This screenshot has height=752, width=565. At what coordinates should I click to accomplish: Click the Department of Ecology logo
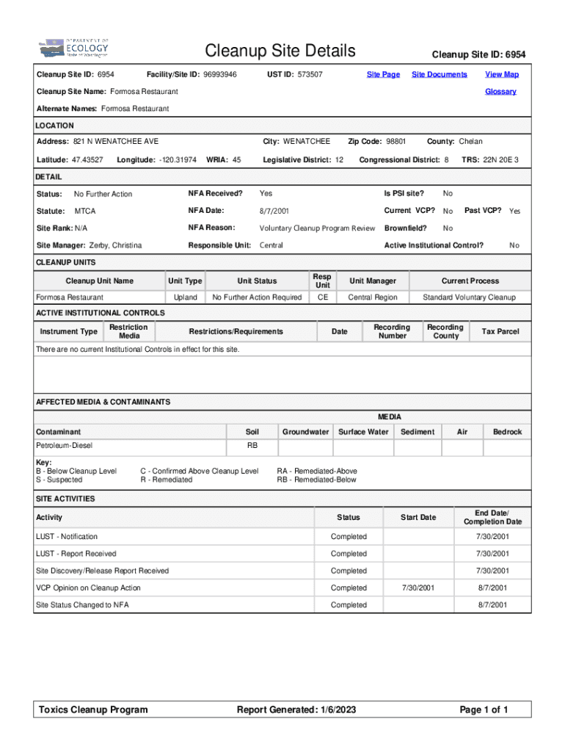coord(73,49)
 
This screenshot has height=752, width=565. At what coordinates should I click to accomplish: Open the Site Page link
coord(383,74)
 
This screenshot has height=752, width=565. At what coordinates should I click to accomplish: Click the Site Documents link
coord(439,74)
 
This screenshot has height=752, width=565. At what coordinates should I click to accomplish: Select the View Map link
coord(501,74)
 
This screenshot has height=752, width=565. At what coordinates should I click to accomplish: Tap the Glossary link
coord(500,92)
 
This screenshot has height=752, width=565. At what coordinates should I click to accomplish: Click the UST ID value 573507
coord(310,74)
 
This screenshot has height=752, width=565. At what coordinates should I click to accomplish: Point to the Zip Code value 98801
coord(395,141)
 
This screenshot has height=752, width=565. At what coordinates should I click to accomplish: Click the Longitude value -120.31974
coord(178,159)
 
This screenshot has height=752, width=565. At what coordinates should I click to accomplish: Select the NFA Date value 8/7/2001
coord(274,211)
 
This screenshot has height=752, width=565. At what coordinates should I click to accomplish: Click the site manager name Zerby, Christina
coord(115,245)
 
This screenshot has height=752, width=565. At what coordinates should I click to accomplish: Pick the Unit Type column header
coord(185,281)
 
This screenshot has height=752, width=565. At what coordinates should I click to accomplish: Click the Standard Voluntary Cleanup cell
coord(469,297)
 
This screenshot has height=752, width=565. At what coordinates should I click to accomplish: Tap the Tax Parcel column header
coord(500,332)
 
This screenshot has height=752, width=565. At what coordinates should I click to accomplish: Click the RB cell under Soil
coord(252,446)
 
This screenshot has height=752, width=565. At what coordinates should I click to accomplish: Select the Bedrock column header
coord(507,432)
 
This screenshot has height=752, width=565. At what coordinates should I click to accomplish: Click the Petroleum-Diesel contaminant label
coord(65,446)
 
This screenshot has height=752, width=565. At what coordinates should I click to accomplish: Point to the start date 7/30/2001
coord(418,588)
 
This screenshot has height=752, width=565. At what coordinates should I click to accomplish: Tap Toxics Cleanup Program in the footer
coord(93,709)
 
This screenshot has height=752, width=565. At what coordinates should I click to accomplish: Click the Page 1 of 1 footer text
coord(484,709)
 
